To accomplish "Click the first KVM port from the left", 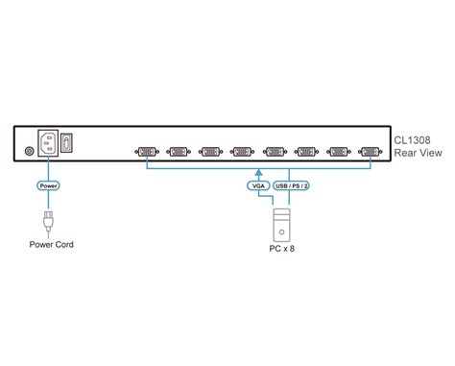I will pos(147,151).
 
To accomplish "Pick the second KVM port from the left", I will pos(179,151).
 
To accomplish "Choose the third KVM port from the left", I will pos(210,151).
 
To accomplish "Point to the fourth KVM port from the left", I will pos(242,151).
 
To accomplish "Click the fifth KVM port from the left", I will pos(275,151).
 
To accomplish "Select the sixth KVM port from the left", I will pos(306,151).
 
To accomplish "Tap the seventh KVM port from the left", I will pos(338,151).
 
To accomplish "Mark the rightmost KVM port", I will pos(370,151).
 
